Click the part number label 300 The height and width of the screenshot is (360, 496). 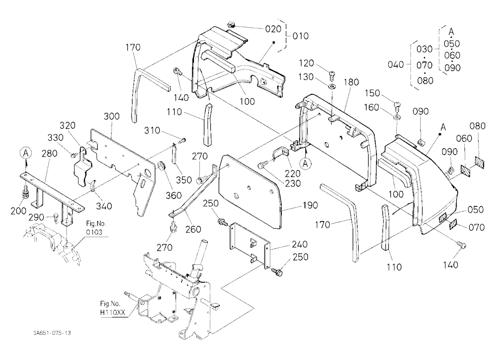[x=112, y=116]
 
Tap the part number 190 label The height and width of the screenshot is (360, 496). [x=310, y=205]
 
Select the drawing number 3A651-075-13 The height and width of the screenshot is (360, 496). [x=52, y=333]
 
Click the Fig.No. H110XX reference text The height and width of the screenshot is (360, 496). [x=113, y=308]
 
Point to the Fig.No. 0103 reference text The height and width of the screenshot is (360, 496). [x=94, y=228]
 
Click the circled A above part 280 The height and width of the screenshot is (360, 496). [x=26, y=153]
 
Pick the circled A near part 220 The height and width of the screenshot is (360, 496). [x=305, y=164]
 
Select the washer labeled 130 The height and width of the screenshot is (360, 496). [x=332, y=86]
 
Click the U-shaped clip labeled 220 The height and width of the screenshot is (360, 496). [x=280, y=153]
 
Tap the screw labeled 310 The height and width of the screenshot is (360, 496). [x=183, y=140]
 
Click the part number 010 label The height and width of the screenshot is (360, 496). [x=300, y=36]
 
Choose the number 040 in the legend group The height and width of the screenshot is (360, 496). [x=396, y=64]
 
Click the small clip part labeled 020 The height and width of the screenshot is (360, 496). [x=231, y=24]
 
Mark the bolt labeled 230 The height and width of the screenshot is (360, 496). [x=262, y=165]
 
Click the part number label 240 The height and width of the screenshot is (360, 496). [x=299, y=244]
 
